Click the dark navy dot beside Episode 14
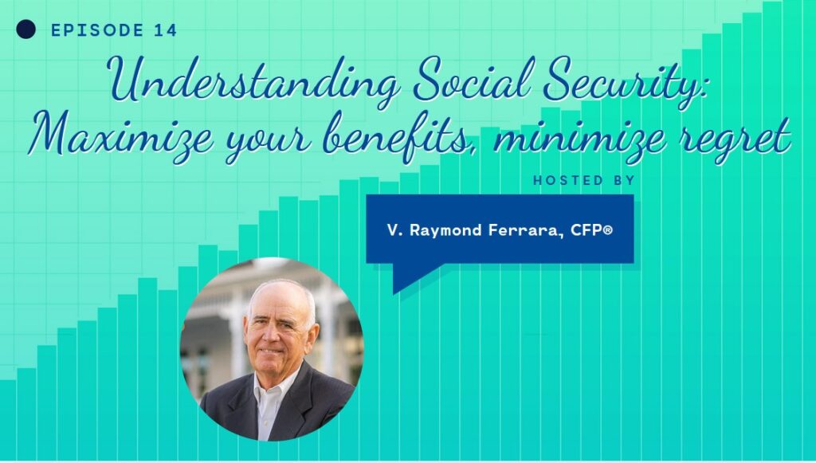(26, 29)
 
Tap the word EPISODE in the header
(97, 30)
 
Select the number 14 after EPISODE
(166, 30)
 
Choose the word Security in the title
(625, 83)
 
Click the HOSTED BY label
(584, 181)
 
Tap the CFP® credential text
(591, 230)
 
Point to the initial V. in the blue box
(394, 230)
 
